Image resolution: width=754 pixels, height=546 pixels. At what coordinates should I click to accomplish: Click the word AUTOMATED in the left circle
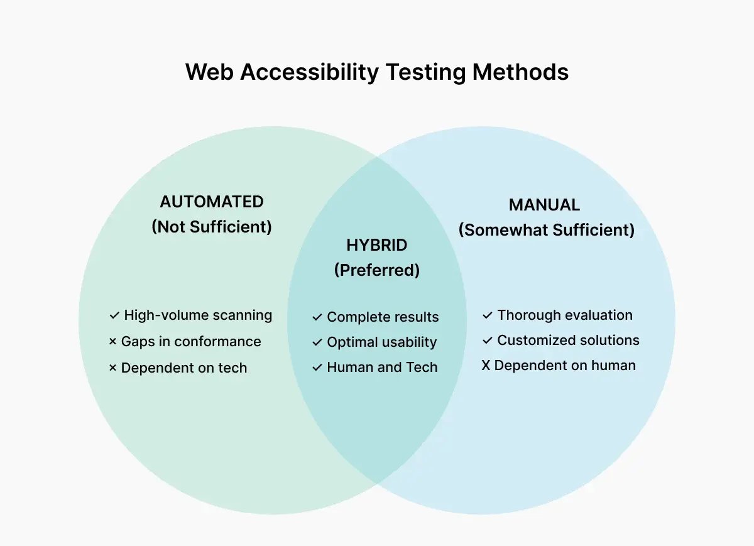coord(212,202)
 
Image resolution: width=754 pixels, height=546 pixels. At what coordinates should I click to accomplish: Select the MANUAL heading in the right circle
coord(544,205)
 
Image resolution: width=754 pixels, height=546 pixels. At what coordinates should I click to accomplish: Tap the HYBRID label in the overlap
coord(376,245)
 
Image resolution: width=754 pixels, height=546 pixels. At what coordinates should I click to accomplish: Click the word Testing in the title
coord(425,72)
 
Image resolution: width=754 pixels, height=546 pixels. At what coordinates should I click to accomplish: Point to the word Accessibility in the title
coord(309,72)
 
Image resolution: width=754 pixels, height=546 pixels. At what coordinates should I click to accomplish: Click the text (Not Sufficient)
coord(212,227)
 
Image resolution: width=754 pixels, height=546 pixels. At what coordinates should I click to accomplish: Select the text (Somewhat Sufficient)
coord(546,230)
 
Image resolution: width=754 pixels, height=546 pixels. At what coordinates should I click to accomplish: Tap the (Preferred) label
coord(376,270)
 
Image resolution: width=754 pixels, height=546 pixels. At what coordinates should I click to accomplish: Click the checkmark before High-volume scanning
coord(114,315)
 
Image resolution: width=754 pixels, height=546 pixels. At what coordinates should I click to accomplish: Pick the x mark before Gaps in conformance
coord(113,342)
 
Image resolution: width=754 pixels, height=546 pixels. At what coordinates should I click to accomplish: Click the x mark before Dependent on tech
coord(113,369)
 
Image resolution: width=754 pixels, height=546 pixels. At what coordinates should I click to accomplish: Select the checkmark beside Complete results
coord(317,318)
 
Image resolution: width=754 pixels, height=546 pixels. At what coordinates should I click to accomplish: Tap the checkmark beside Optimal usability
coord(317,343)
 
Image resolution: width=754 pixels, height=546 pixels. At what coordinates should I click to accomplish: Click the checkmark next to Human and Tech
coord(317,368)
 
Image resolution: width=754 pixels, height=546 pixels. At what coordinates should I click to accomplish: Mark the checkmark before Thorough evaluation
coord(487,315)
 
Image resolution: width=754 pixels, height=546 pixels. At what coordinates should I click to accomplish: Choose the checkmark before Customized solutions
coord(487,341)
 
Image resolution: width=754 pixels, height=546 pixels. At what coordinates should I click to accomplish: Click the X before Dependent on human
coord(486,366)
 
